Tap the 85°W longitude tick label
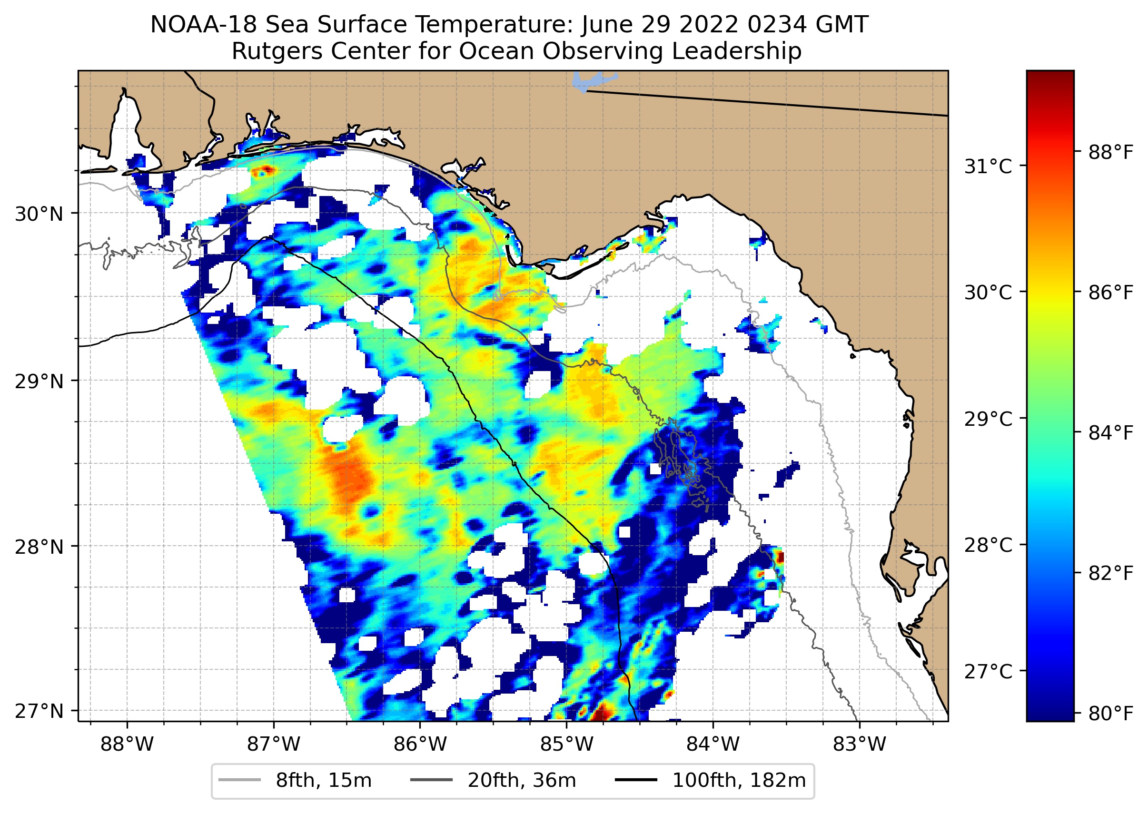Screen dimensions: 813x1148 566,744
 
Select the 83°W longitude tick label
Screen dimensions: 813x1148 860,744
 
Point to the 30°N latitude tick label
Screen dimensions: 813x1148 39,214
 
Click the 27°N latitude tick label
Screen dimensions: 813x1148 39,711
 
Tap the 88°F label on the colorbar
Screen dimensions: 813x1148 1110,152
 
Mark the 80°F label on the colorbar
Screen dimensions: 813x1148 1110,713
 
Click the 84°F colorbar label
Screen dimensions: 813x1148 1110,432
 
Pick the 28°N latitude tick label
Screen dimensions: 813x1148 39,547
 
